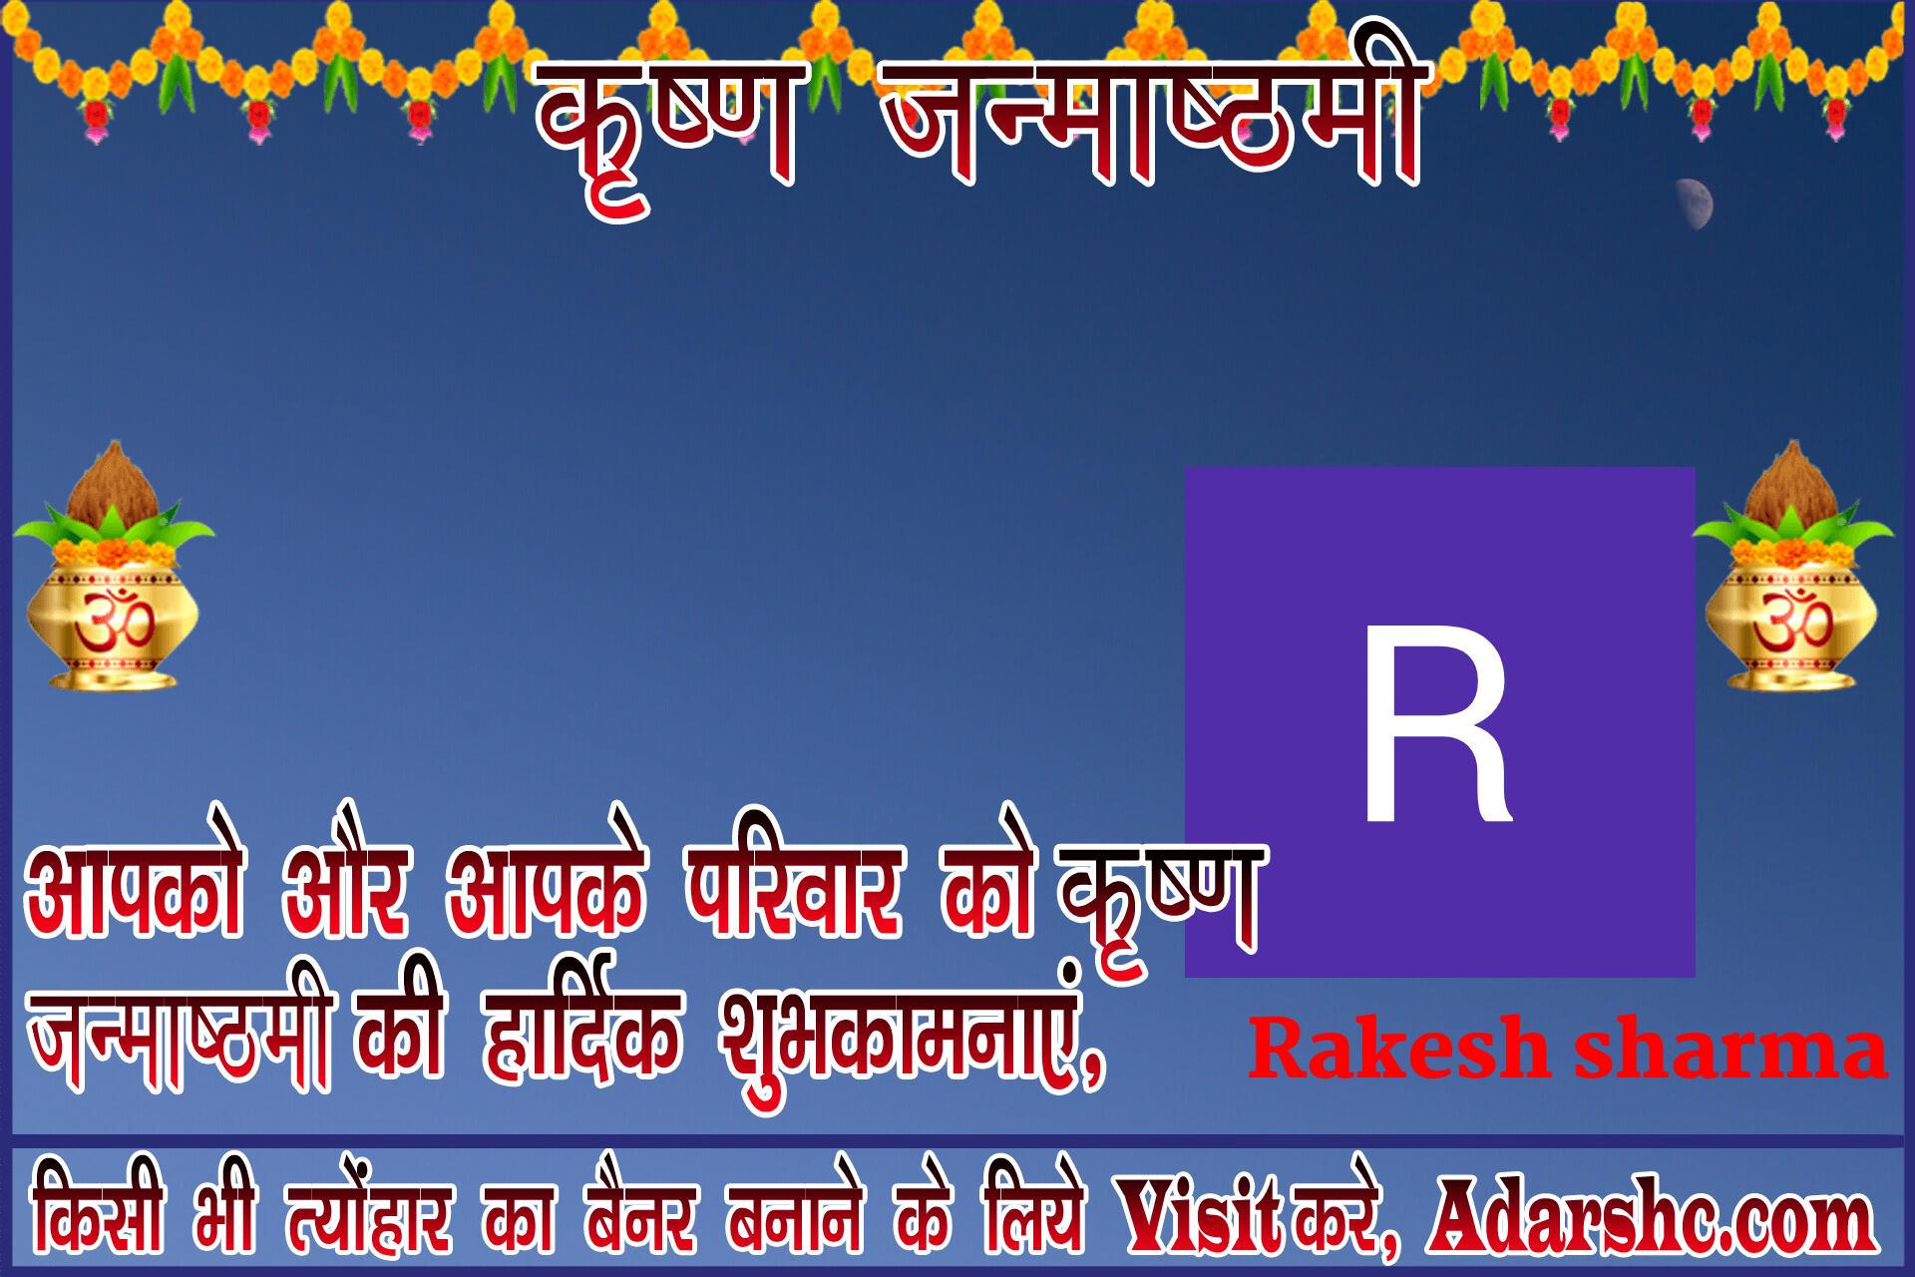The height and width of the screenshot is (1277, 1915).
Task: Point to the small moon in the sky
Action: pyautogui.click(x=1697, y=204)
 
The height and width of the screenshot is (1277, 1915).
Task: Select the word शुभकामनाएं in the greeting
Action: pyautogui.click(x=913, y=1038)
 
